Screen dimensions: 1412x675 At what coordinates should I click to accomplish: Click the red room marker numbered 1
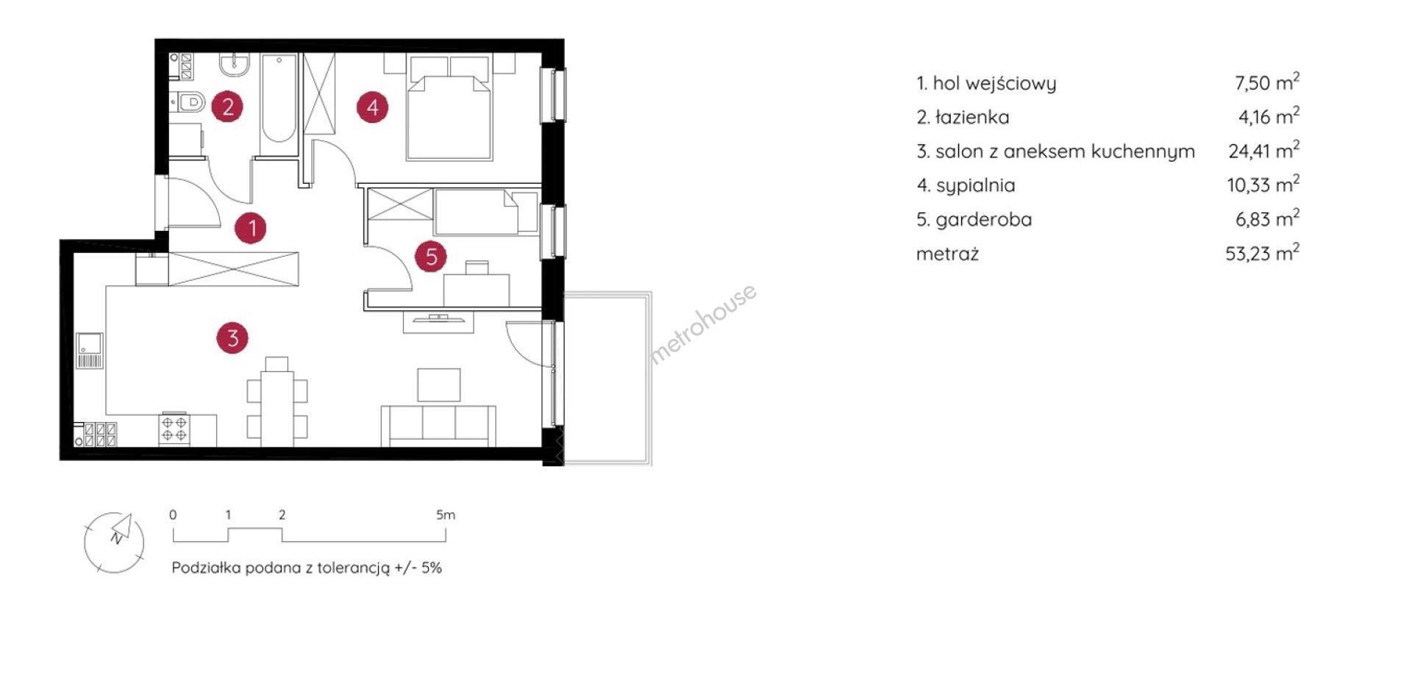tap(251, 228)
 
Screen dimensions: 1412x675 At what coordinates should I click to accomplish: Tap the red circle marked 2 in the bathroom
tap(227, 107)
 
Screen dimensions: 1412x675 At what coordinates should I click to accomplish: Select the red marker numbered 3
tap(232, 338)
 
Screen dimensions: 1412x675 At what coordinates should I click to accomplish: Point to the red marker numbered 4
tap(372, 107)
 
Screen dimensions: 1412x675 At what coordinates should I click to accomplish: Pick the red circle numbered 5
tap(431, 257)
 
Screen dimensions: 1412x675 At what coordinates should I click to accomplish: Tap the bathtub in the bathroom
tap(279, 98)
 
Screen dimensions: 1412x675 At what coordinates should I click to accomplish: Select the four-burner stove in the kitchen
tap(174, 429)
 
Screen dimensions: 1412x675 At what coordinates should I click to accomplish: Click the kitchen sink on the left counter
tap(90, 351)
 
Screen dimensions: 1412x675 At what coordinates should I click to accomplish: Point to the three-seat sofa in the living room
tap(438, 425)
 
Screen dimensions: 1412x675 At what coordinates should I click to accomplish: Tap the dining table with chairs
tap(277, 403)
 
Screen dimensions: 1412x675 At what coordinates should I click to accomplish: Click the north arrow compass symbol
tap(114, 543)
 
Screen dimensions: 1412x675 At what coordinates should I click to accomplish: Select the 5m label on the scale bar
tap(446, 515)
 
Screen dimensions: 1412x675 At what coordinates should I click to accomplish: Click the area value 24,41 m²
tap(1263, 150)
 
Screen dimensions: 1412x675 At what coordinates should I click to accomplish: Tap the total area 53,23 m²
tap(1262, 252)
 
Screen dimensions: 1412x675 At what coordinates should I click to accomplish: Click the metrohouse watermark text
tap(703, 324)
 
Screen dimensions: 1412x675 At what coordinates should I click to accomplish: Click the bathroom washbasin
tap(235, 65)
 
